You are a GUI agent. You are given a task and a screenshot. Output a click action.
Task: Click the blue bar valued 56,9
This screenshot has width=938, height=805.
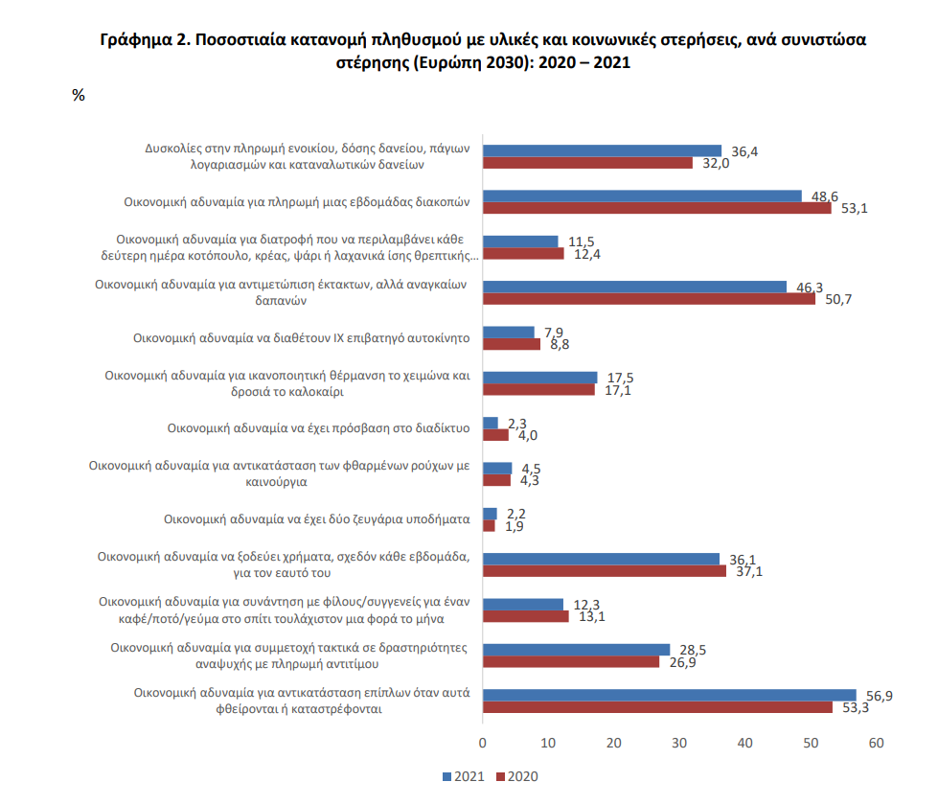pos(669,695)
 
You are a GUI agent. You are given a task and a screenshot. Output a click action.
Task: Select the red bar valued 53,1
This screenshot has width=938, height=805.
pos(656,208)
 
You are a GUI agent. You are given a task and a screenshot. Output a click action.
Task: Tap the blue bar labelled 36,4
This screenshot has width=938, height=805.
pos(602,150)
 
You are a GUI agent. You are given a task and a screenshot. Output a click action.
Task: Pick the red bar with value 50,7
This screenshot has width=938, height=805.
pos(649,299)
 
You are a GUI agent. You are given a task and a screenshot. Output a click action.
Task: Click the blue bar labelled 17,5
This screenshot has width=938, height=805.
pos(539,377)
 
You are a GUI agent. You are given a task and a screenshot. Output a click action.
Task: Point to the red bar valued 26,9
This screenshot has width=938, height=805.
pos(571,661)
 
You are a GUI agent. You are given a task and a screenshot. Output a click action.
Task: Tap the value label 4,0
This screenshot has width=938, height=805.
pos(528,435)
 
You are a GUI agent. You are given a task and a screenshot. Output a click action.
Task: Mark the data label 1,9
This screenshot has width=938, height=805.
pos(515,526)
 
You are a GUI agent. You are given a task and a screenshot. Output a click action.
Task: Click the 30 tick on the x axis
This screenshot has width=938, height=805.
pos(679,743)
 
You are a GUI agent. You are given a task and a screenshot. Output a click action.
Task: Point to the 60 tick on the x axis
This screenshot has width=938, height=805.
pos(876,743)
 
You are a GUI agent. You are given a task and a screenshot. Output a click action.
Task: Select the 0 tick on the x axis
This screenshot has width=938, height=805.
pos(483,743)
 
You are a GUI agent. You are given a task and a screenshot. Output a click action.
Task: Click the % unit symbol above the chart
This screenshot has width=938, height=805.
pos(79,95)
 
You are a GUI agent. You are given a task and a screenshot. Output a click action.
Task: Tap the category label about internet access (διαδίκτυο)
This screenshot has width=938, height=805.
pos(318,428)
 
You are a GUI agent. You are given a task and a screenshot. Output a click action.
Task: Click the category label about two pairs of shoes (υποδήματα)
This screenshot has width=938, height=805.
pos(316,519)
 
